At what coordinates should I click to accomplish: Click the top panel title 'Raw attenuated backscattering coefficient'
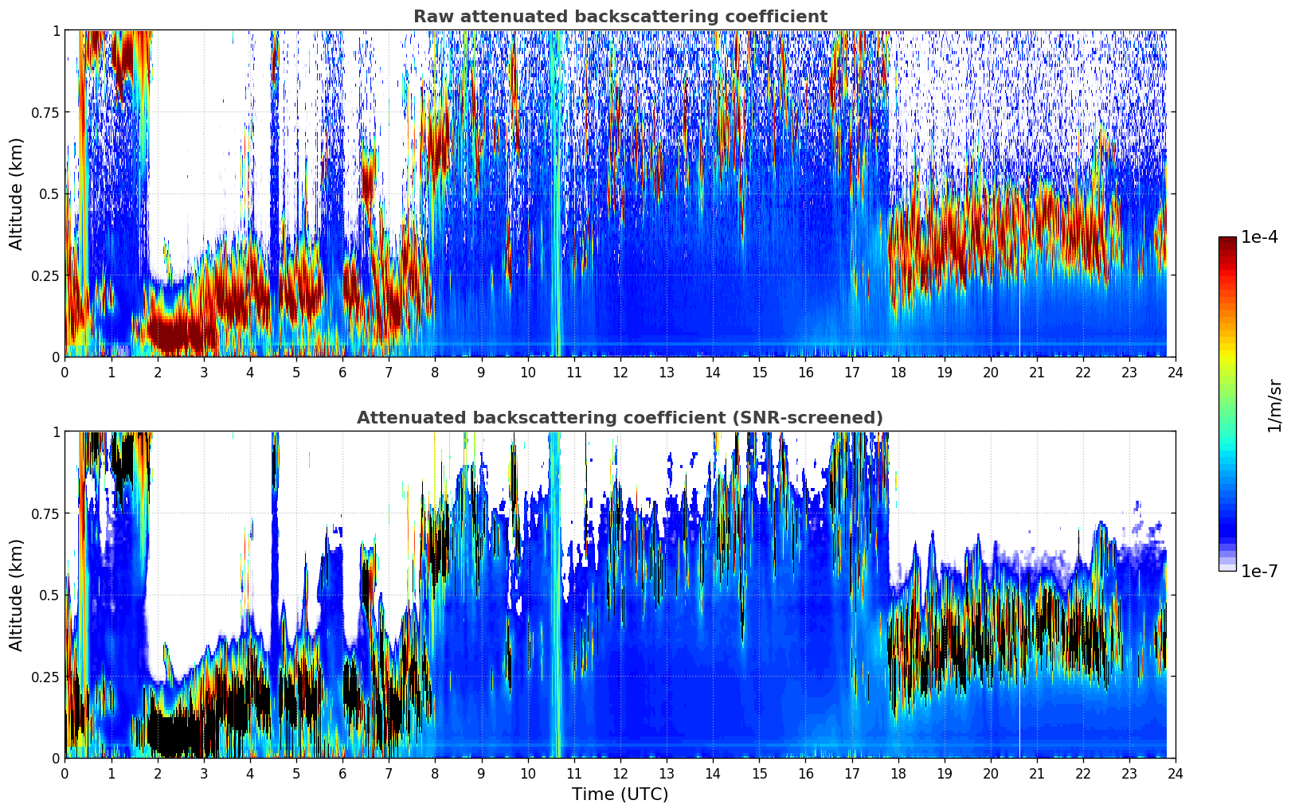620,17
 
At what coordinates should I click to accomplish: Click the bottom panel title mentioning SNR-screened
620,418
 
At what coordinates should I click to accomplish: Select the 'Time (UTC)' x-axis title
620,794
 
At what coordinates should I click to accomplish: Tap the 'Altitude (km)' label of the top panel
17,193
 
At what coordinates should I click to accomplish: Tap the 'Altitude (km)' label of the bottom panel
17,595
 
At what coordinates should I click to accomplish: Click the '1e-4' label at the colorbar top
1259,237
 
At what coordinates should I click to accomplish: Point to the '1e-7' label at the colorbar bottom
1259,572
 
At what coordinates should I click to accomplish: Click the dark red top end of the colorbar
1227,240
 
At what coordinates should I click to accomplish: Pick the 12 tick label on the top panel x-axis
620,373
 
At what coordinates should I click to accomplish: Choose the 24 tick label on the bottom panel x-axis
1175,774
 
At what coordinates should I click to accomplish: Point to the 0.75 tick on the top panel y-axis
45,112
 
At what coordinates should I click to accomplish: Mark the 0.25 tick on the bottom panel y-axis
45,677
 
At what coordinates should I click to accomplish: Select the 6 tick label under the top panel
342,373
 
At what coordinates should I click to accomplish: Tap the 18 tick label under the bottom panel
898,774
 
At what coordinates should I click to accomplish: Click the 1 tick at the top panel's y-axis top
56,30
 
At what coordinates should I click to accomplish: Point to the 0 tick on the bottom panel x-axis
65,774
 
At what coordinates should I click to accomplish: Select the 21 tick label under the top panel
1036,373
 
